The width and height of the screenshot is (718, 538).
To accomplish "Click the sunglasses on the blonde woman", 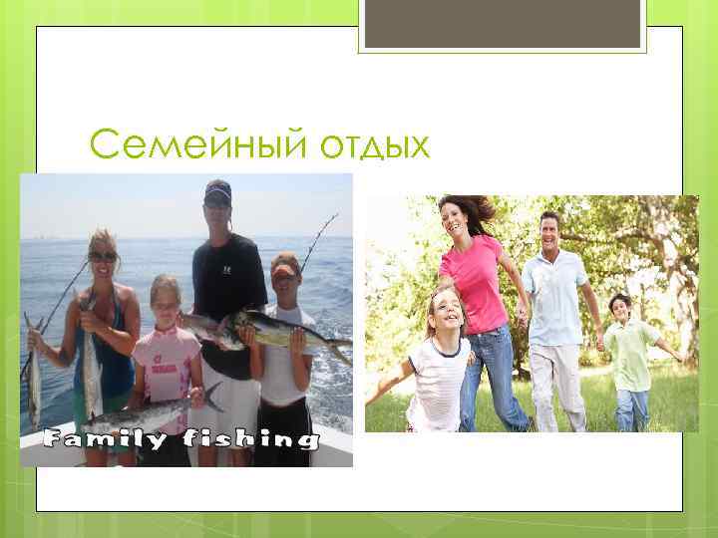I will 102,256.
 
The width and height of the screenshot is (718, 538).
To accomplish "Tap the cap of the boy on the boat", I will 284,264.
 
